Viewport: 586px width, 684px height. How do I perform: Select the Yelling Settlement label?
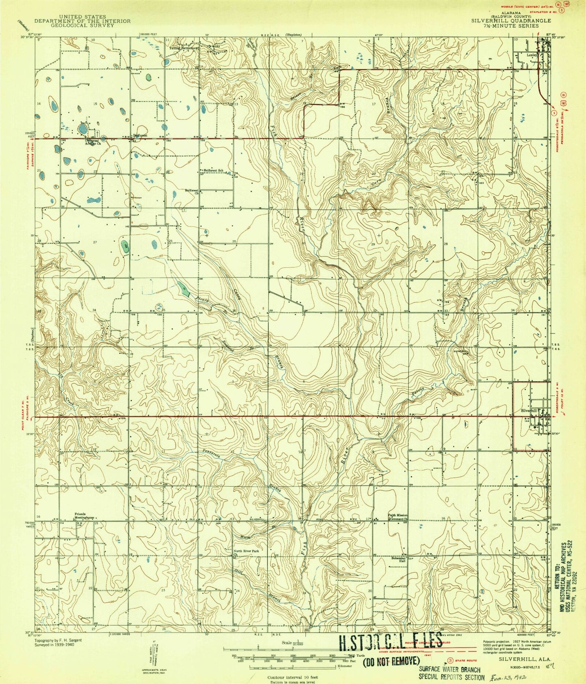coord(185,48)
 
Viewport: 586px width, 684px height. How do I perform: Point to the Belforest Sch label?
coord(213,170)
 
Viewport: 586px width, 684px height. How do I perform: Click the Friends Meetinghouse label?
coord(84,516)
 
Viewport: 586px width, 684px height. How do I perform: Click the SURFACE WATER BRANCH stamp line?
coord(449,670)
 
